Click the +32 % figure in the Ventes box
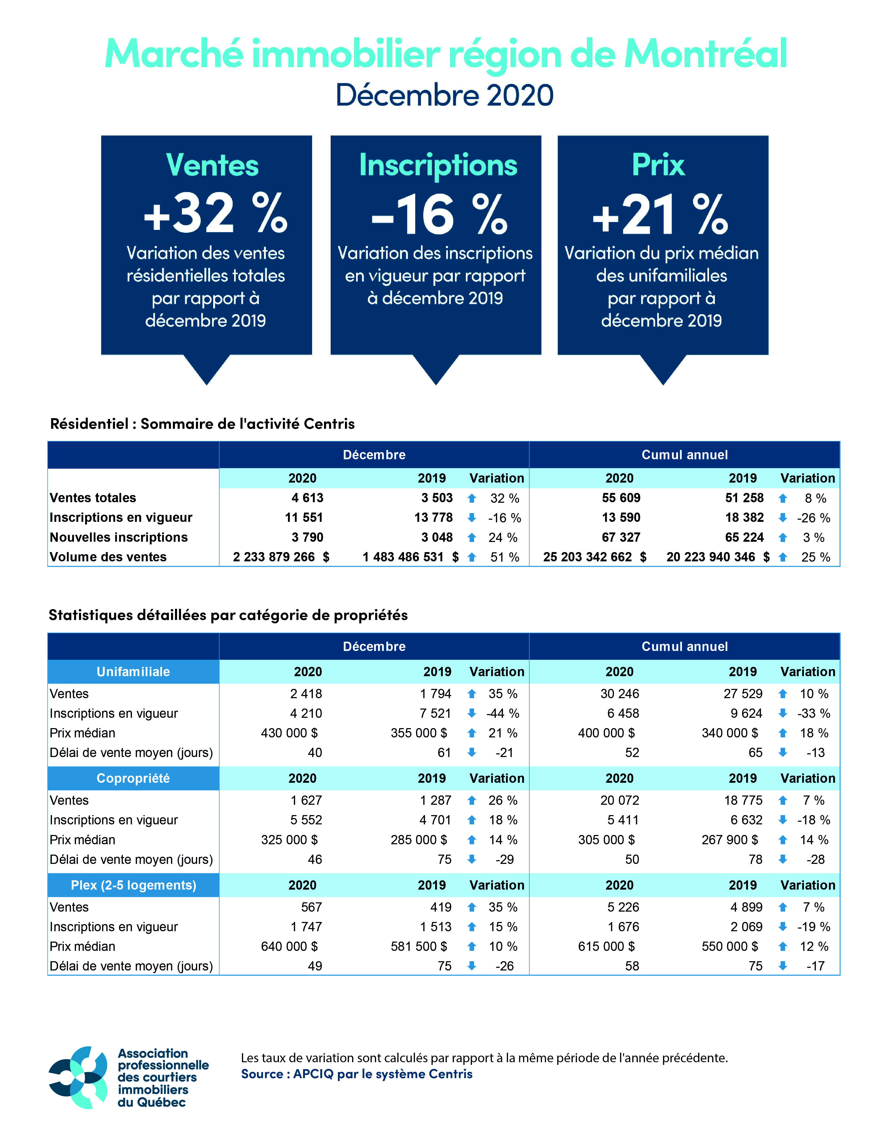pos(215,213)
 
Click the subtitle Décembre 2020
pos(444,95)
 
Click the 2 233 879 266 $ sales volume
pos(281,557)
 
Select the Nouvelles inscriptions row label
pos(119,537)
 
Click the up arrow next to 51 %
pos(472,557)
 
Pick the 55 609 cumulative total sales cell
pos(621,498)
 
